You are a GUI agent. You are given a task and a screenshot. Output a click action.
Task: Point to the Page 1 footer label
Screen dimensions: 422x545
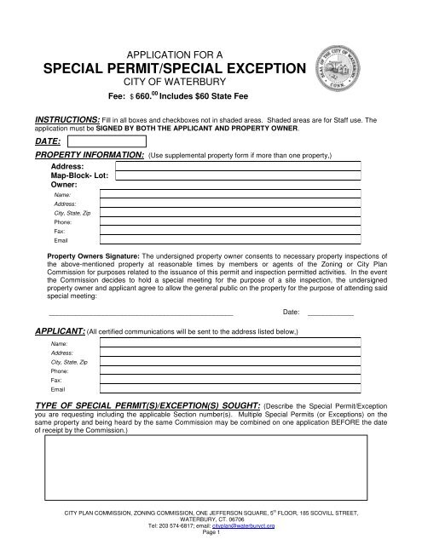click(211, 535)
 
